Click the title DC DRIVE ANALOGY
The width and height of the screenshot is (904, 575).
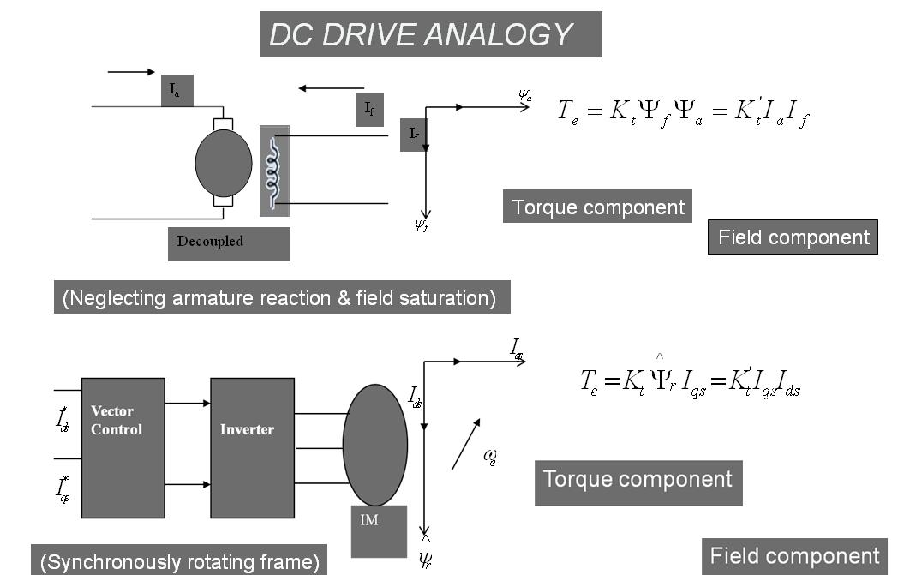430,34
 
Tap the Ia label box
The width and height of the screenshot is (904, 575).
177,89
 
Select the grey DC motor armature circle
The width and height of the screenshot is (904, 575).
224,164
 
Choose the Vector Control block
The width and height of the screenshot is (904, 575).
123,447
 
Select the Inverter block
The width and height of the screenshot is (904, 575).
252,447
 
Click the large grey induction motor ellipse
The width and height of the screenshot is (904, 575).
374,445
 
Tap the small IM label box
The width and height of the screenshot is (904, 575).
378,530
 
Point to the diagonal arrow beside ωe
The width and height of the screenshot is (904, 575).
466,443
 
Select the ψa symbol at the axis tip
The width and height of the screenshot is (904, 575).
525,96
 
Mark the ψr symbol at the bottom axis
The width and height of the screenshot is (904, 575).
425,558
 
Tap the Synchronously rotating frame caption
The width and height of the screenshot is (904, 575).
179,562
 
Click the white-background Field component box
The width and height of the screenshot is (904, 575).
793,237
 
